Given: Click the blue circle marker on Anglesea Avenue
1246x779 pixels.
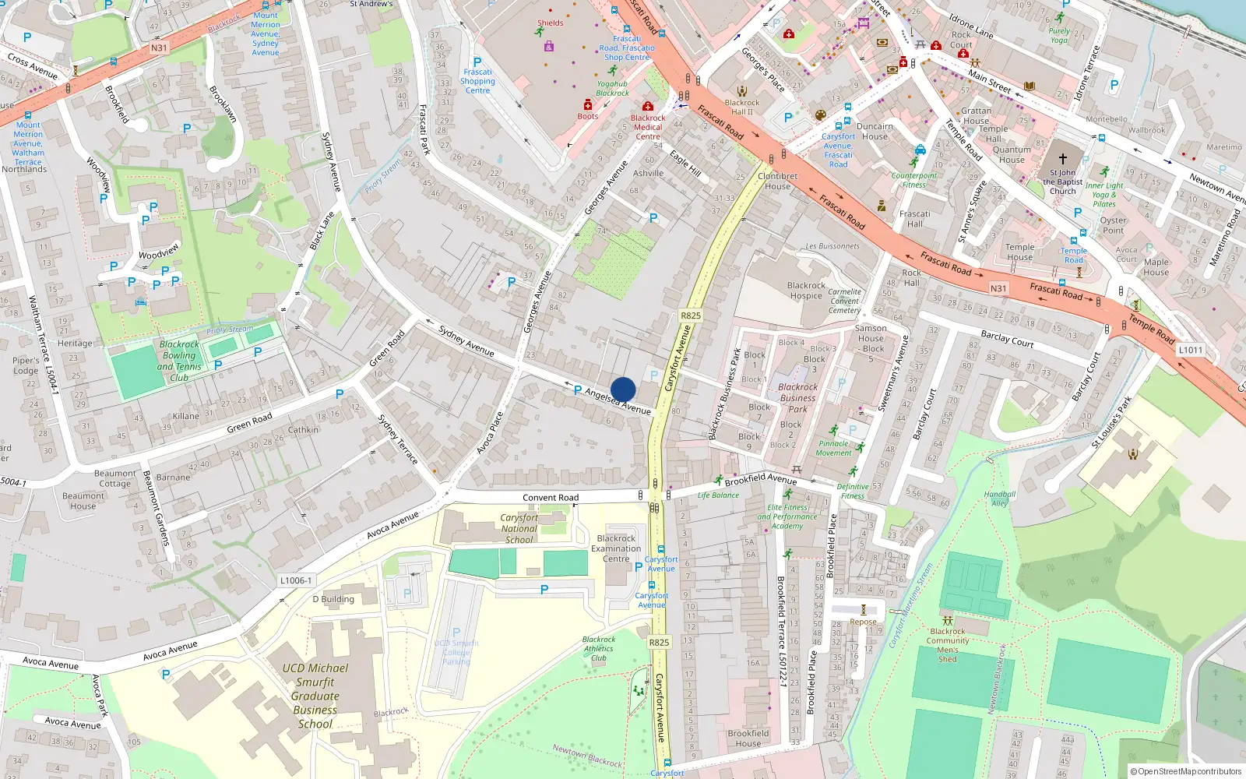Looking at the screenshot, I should [623, 389].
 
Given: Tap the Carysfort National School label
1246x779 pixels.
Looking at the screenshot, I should [519, 528].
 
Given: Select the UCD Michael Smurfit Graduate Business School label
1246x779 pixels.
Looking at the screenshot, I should [315, 696].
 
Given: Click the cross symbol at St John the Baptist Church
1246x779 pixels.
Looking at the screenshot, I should [1062, 158].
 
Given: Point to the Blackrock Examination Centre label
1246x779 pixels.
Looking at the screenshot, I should [616, 548].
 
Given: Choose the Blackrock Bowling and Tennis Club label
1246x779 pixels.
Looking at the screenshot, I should [179, 361].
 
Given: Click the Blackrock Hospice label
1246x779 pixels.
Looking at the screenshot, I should [806, 291].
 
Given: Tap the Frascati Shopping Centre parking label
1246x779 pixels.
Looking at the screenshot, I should [477, 81].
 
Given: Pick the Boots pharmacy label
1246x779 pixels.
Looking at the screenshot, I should [588, 116].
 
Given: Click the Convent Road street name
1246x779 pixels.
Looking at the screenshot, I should [551, 498].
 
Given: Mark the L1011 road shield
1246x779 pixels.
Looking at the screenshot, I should [1190, 350].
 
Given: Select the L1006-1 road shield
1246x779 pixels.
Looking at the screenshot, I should [296, 580].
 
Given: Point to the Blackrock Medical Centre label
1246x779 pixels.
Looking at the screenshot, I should [648, 127].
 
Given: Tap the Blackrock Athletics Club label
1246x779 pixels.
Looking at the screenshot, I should [598, 648].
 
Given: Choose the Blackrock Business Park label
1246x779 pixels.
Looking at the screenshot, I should [798, 397].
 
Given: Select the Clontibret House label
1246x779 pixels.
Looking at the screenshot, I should [777, 181].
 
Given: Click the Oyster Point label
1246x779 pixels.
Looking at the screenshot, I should [1113, 225].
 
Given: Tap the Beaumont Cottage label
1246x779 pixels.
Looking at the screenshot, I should [114, 478].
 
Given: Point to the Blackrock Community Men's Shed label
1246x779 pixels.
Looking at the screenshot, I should [948, 645].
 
